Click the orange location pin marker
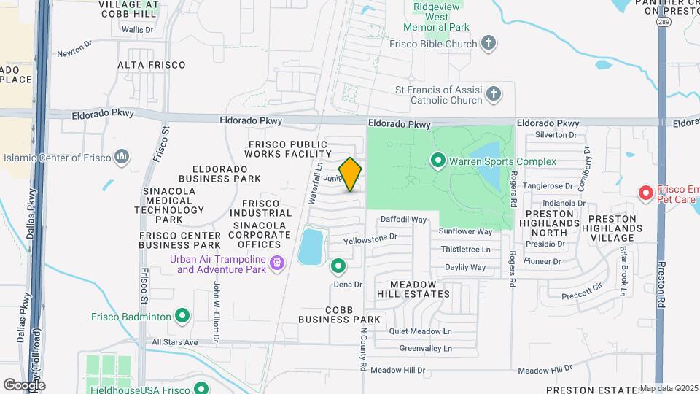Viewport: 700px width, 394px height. (350, 174)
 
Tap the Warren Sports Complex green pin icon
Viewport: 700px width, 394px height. (438, 159)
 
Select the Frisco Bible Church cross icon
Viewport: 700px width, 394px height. (489, 43)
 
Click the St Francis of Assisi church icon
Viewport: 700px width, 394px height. (494, 93)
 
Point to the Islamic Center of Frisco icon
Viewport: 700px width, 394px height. (122, 157)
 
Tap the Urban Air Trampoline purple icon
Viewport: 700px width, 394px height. (276, 263)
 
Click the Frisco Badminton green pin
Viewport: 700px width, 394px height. (182, 316)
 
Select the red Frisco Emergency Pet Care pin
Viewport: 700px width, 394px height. (645, 193)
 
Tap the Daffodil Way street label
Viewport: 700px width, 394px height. (403, 219)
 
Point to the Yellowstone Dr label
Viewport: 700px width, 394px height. (370, 236)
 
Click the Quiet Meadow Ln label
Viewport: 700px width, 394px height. (421, 331)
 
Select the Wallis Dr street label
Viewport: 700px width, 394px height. (138, 30)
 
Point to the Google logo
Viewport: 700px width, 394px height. (24, 385)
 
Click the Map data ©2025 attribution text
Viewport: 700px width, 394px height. (669, 388)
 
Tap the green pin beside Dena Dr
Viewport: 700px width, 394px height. (338, 266)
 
